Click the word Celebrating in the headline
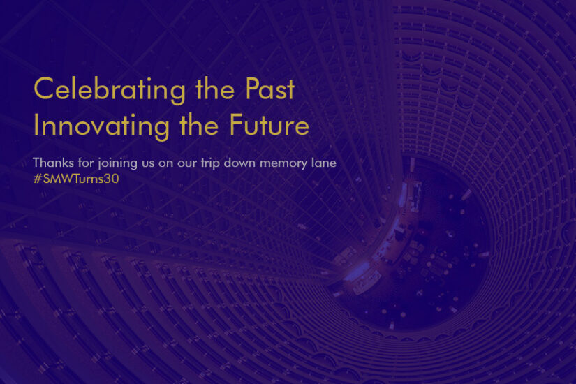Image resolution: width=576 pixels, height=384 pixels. [x=110, y=90]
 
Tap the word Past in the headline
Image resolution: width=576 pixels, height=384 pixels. [x=270, y=89]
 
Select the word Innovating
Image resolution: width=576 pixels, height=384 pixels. [x=101, y=126]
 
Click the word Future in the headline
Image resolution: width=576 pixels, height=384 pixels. [x=269, y=124]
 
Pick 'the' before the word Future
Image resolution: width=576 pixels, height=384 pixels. [x=199, y=124]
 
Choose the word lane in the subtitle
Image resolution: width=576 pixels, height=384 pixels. [x=324, y=163]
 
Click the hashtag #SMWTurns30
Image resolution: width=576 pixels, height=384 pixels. [x=76, y=179]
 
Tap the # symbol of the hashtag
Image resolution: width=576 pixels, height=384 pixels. [x=38, y=179]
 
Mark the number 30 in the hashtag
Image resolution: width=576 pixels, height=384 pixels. [x=111, y=179]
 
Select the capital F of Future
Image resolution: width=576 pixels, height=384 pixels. [x=236, y=124]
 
